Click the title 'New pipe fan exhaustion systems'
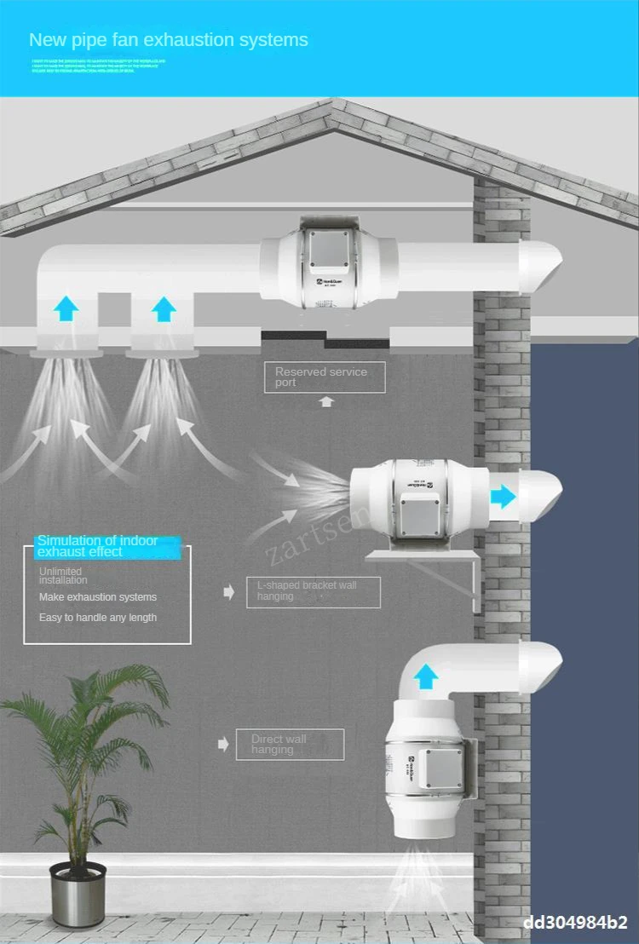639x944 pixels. coord(169,40)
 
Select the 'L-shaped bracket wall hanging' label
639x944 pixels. coord(314,591)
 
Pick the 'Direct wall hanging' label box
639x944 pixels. coord(290,744)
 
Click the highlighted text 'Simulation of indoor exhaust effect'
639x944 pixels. coord(107,546)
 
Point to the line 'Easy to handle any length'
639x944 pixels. coord(98,618)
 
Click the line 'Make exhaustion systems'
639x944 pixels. coord(98,597)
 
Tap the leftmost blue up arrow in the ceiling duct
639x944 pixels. coord(66,308)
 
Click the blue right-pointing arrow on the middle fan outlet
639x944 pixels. coord(503,496)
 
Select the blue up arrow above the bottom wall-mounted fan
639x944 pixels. coord(426,677)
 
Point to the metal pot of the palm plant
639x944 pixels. coord(78,894)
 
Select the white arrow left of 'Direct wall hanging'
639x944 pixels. coord(224,745)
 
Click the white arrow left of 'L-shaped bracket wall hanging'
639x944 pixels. coord(228,592)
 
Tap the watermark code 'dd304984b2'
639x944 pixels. coord(575,923)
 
